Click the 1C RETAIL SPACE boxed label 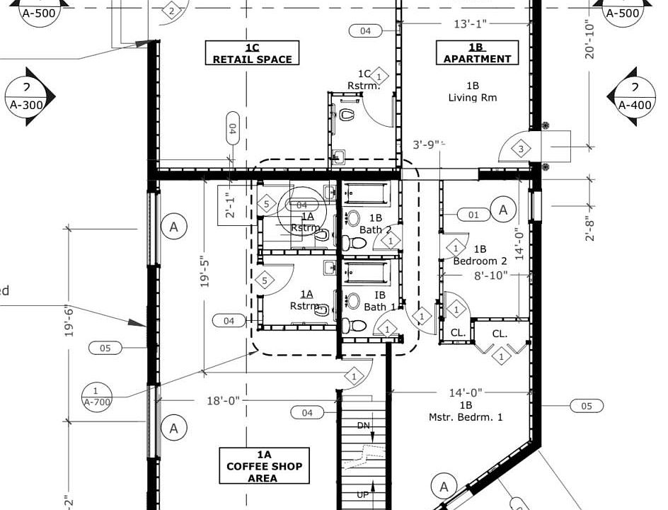coord(252,53)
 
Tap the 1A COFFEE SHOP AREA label coord(264,466)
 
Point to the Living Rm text coord(472,98)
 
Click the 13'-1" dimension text coord(470,24)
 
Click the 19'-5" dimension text coord(205,271)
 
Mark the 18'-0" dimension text coord(223,401)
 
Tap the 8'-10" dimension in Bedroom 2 coord(491,275)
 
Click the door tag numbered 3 coord(520,149)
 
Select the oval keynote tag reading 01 coord(474,214)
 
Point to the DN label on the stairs coord(362,426)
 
